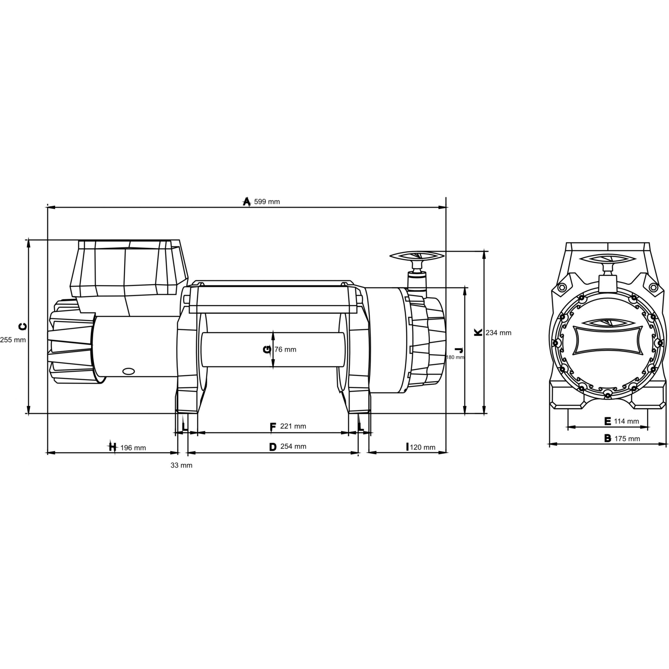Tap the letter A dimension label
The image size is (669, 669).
246,202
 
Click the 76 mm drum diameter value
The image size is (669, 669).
285,349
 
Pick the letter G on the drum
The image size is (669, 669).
267,350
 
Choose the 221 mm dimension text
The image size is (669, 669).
293,426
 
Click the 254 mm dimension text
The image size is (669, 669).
293,446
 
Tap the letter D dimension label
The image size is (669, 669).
273,447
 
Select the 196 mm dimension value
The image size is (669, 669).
133,448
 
